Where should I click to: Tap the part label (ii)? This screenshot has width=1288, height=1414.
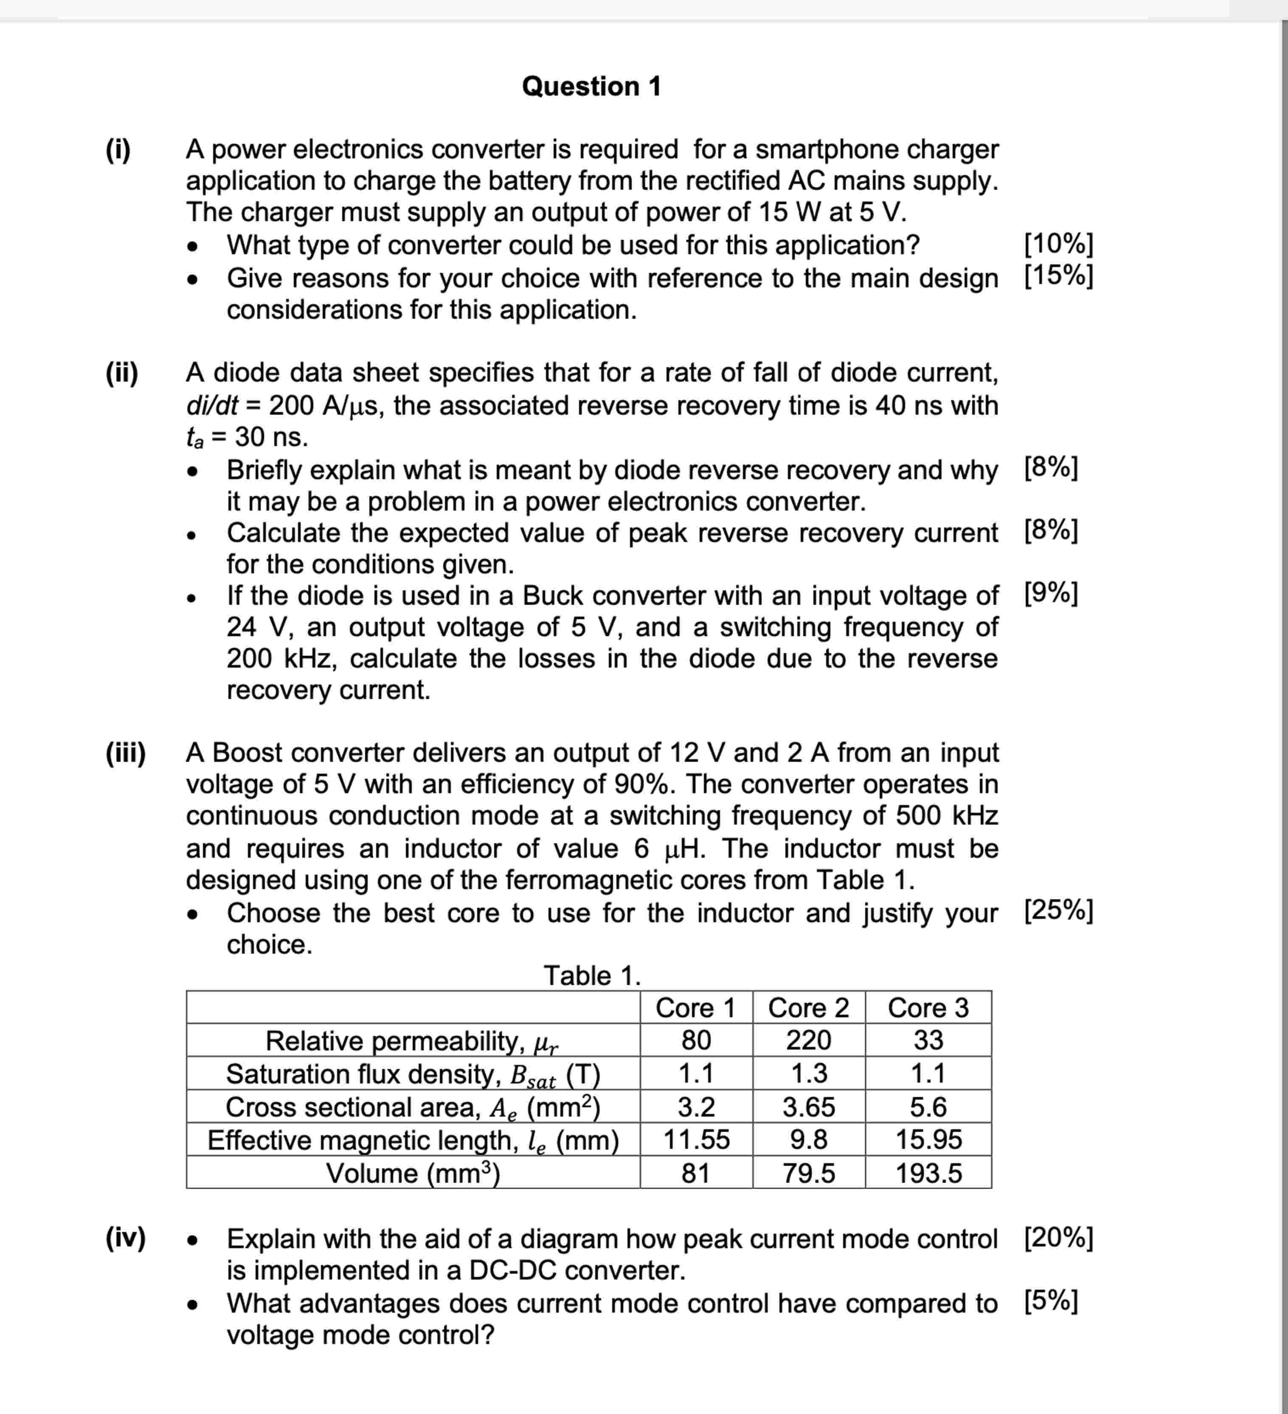(122, 373)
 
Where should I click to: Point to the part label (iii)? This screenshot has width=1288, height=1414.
(126, 752)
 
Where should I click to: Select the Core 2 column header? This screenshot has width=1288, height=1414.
(808, 1008)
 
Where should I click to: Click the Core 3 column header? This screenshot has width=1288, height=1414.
(928, 1008)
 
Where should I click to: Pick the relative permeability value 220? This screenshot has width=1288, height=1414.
(808, 1040)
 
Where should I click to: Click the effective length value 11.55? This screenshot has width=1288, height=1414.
(696, 1140)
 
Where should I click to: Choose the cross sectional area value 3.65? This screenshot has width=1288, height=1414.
(808, 1107)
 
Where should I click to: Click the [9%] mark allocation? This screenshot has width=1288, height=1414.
(1050, 594)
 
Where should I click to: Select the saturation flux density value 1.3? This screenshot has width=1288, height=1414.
(808, 1074)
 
